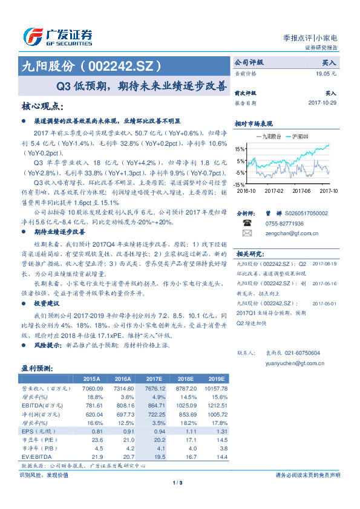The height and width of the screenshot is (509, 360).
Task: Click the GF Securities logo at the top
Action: [x=57, y=37]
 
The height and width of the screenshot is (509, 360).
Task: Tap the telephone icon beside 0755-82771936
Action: [x=246, y=223]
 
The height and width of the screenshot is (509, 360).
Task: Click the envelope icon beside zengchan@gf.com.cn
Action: [x=246, y=233]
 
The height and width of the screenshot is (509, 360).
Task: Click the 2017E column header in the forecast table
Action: [x=155, y=379]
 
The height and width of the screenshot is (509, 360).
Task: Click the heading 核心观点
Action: [x=42, y=106]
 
